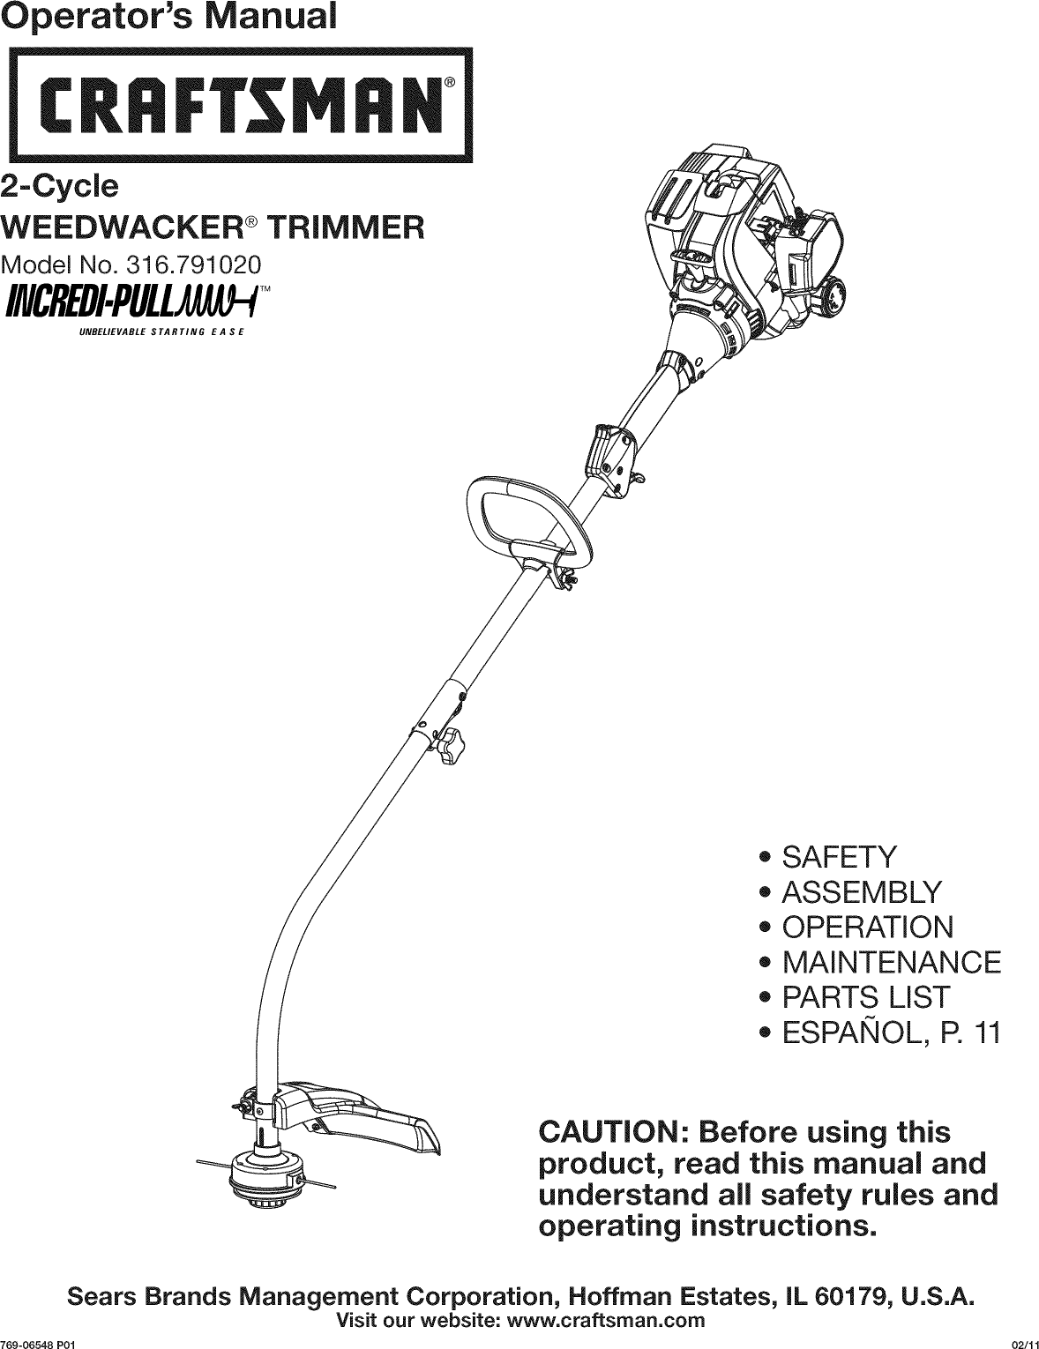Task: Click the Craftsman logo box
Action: [237, 104]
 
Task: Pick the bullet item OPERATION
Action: [868, 928]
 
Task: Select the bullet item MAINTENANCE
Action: [892, 962]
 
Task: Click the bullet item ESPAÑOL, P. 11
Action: [891, 1032]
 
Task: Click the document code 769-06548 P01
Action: [41, 1340]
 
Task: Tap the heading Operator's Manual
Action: [168, 18]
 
